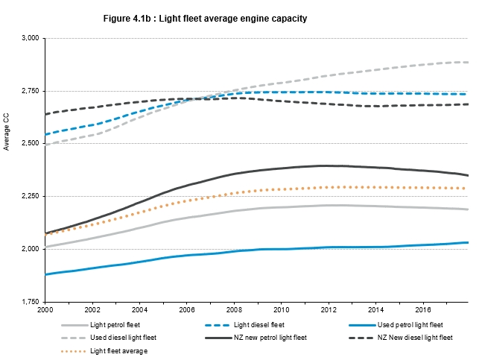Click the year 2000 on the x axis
point(45,308)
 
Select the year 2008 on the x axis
point(234,308)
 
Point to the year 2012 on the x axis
point(328,308)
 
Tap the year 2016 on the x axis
point(422,308)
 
